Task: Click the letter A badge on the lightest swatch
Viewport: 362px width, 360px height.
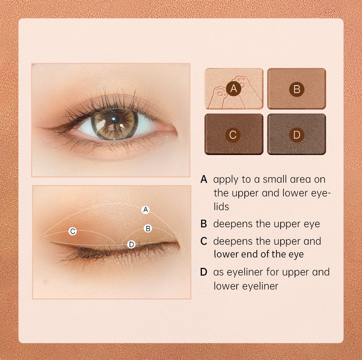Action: point(234,88)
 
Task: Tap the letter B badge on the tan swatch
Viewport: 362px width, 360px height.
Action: point(297,89)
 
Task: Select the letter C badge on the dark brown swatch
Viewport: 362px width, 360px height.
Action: point(233,135)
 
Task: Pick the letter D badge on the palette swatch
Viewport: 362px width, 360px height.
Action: point(297,135)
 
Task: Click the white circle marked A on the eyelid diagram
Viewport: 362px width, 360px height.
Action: point(145,210)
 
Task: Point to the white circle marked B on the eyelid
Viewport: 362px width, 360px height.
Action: point(148,228)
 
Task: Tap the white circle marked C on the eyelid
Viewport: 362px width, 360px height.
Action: point(73,231)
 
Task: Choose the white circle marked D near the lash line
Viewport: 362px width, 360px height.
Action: point(131,244)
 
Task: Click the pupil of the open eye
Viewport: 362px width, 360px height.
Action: point(115,119)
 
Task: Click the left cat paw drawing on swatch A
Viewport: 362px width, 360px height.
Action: point(219,92)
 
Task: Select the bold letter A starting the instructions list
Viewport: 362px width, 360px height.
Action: point(204,179)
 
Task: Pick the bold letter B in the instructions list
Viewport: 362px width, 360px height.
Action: point(204,224)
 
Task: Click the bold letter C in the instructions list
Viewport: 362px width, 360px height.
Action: point(204,241)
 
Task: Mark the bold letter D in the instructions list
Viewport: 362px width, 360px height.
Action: point(204,272)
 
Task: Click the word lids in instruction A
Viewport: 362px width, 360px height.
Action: point(221,206)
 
